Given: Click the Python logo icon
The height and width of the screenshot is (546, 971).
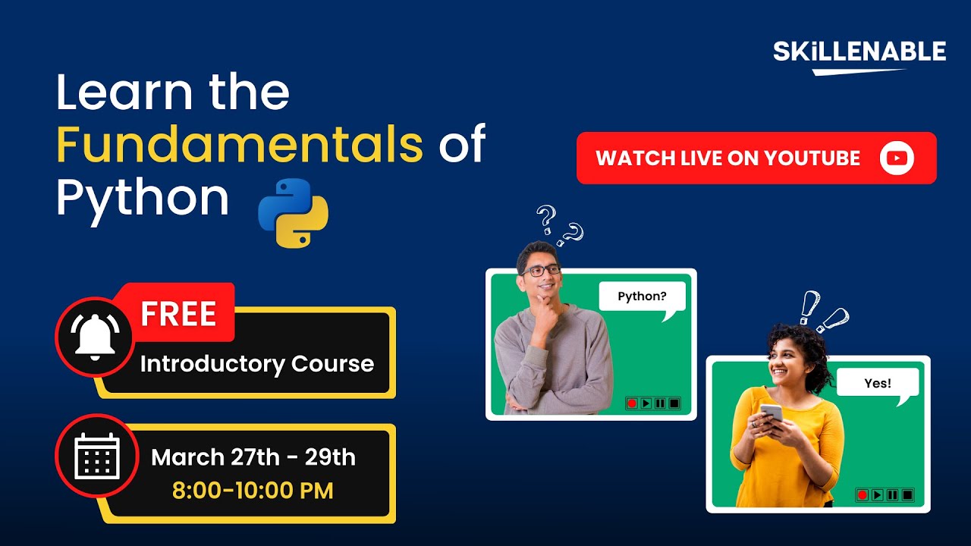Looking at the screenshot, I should [x=293, y=213].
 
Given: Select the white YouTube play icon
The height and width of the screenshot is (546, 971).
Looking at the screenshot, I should [x=897, y=158].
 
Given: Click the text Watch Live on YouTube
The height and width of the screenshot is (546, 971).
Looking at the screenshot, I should [x=727, y=158].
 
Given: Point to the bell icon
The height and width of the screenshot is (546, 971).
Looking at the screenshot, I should [x=95, y=337].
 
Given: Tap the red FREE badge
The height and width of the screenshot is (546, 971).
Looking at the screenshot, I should [x=179, y=313].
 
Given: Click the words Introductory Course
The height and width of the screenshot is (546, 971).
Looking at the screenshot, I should [x=256, y=363].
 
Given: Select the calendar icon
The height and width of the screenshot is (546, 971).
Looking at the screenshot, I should [x=96, y=455].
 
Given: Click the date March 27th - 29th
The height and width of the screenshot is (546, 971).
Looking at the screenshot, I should [x=253, y=457].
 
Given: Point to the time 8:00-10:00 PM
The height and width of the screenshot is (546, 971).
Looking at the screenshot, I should [x=253, y=490].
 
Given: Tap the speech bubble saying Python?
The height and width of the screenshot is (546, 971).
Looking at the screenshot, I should [x=642, y=297].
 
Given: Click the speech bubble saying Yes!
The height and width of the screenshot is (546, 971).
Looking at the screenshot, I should [x=878, y=383].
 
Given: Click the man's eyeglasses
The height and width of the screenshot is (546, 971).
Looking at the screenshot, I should [x=541, y=270].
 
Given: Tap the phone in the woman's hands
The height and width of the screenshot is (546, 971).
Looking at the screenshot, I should [x=771, y=414].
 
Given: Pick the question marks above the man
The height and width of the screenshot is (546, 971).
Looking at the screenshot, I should [x=558, y=225].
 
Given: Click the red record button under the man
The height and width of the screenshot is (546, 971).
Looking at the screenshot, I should [x=631, y=403].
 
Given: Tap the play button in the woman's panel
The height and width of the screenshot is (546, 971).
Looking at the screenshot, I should [x=878, y=494].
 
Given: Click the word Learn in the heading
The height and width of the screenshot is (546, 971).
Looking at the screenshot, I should [x=124, y=93].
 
